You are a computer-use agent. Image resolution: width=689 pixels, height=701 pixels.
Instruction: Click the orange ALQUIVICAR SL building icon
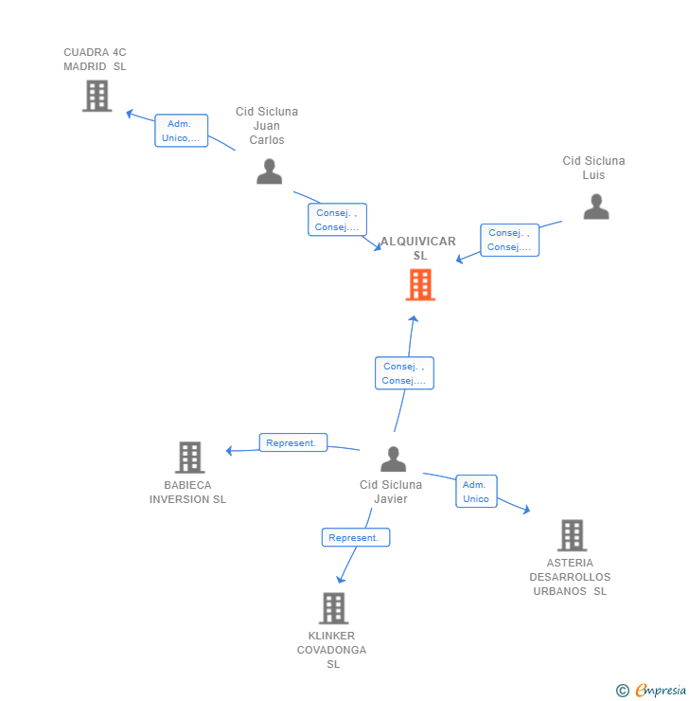(420, 284)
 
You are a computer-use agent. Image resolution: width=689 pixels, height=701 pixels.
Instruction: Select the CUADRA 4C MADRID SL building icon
(97, 96)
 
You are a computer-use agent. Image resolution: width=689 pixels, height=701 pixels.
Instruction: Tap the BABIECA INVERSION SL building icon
(189, 458)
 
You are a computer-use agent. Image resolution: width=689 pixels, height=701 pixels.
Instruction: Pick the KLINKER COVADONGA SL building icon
(333, 608)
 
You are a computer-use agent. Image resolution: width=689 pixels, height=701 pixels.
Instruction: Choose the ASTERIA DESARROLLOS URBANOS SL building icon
(572, 535)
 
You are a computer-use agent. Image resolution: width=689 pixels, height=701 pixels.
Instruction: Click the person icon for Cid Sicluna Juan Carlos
(270, 171)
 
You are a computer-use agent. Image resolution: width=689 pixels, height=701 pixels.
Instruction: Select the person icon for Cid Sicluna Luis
(596, 207)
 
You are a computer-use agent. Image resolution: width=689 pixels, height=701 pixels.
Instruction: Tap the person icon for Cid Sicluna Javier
(393, 459)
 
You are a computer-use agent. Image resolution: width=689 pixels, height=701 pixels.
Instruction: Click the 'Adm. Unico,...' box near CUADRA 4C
(181, 131)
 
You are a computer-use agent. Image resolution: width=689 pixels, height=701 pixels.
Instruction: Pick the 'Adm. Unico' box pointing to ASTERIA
(476, 492)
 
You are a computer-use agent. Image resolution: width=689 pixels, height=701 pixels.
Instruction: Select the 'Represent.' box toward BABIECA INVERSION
(293, 442)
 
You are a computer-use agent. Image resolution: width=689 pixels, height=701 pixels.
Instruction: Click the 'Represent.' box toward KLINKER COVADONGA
(356, 537)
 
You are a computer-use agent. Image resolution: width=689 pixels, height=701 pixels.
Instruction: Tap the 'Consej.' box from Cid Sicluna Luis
(509, 240)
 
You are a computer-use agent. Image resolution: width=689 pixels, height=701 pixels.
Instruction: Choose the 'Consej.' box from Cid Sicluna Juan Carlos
(337, 220)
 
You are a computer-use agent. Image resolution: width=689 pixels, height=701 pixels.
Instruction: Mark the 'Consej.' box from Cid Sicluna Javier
(404, 373)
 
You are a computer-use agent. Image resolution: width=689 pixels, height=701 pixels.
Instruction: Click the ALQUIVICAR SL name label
(419, 248)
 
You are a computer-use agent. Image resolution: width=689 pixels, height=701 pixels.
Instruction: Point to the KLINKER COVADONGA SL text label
(332, 650)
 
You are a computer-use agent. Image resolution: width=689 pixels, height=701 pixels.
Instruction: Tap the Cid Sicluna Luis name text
(593, 168)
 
